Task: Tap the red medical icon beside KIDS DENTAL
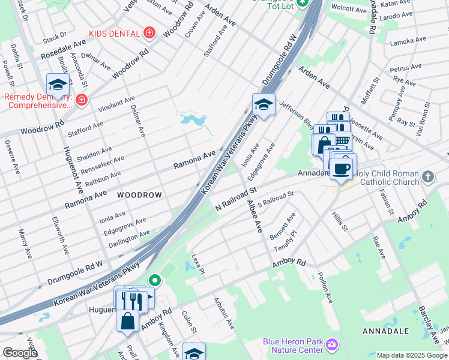[x=149, y=33]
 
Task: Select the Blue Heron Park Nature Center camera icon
[x=331, y=344]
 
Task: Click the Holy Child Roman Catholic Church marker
[x=427, y=176]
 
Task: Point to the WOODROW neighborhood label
[x=139, y=196]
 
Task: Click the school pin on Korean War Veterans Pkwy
[x=264, y=105]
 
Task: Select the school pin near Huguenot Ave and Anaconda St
[x=58, y=85]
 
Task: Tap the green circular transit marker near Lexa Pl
[x=154, y=280]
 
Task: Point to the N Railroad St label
[x=236, y=199]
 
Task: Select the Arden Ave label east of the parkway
[x=315, y=76]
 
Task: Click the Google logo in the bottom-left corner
[x=20, y=353]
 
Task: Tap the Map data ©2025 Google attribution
[x=412, y=355]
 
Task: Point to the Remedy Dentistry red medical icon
[x=81, y=100]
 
